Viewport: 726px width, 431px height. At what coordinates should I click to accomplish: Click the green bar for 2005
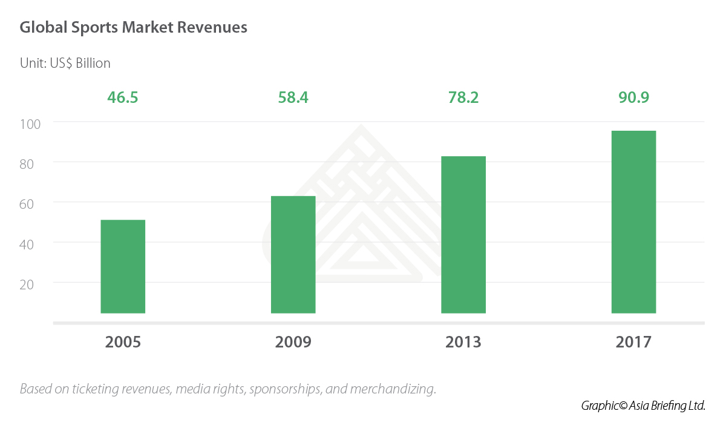click(123, 266)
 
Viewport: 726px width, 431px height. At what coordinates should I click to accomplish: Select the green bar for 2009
click(293, 254)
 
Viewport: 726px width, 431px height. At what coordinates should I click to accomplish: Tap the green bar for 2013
click(463, 235)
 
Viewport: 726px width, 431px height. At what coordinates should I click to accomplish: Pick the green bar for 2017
click(633, 222)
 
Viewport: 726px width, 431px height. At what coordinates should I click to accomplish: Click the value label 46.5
click(123, 97)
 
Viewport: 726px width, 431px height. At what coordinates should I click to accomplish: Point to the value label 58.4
click(293, 97)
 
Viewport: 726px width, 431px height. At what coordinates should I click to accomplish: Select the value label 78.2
click(463, 97)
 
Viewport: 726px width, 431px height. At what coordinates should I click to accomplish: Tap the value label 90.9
click(633, 97)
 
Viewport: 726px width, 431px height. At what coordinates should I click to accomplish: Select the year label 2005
click(123, 342)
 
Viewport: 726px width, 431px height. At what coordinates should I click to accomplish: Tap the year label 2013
click(463, 342)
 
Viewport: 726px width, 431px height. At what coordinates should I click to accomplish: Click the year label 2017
click(633, 342)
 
